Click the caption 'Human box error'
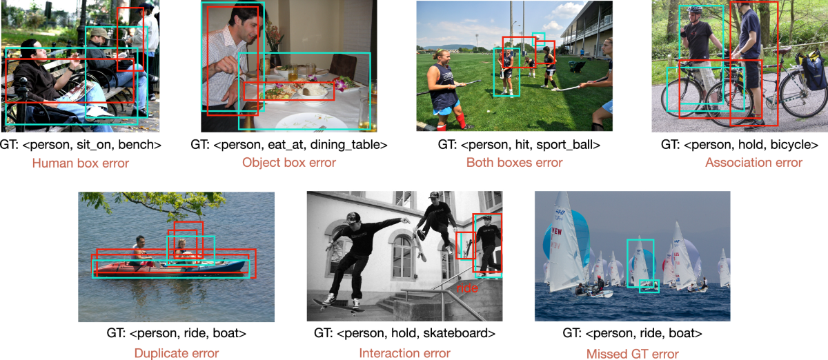click(x=80, y=163)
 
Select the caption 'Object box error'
click(x=288, y=163)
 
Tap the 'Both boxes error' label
click(x=514, y=163)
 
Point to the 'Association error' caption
click(x=753, y=163)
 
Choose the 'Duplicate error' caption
click(x=177, y=353)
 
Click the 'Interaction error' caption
click(x=404, y=353)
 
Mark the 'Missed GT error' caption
click(x=632, y=353)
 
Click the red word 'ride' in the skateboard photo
click(x=467, y=284)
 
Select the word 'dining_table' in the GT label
click(x=353, y=145)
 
